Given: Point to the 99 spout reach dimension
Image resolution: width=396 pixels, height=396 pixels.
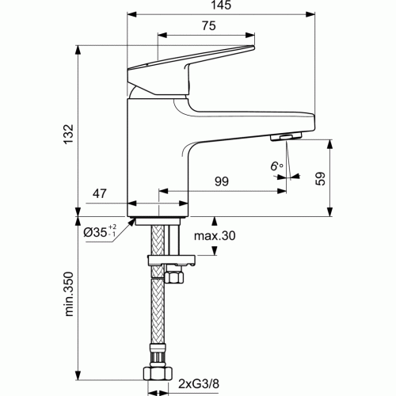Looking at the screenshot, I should click(221, 181).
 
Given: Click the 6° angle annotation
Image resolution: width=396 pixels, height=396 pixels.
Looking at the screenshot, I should click(276, 166).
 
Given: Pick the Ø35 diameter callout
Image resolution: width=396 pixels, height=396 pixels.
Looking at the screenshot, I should click(96, 233).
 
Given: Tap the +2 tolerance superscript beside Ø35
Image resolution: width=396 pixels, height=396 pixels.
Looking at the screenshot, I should click(113, 228).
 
